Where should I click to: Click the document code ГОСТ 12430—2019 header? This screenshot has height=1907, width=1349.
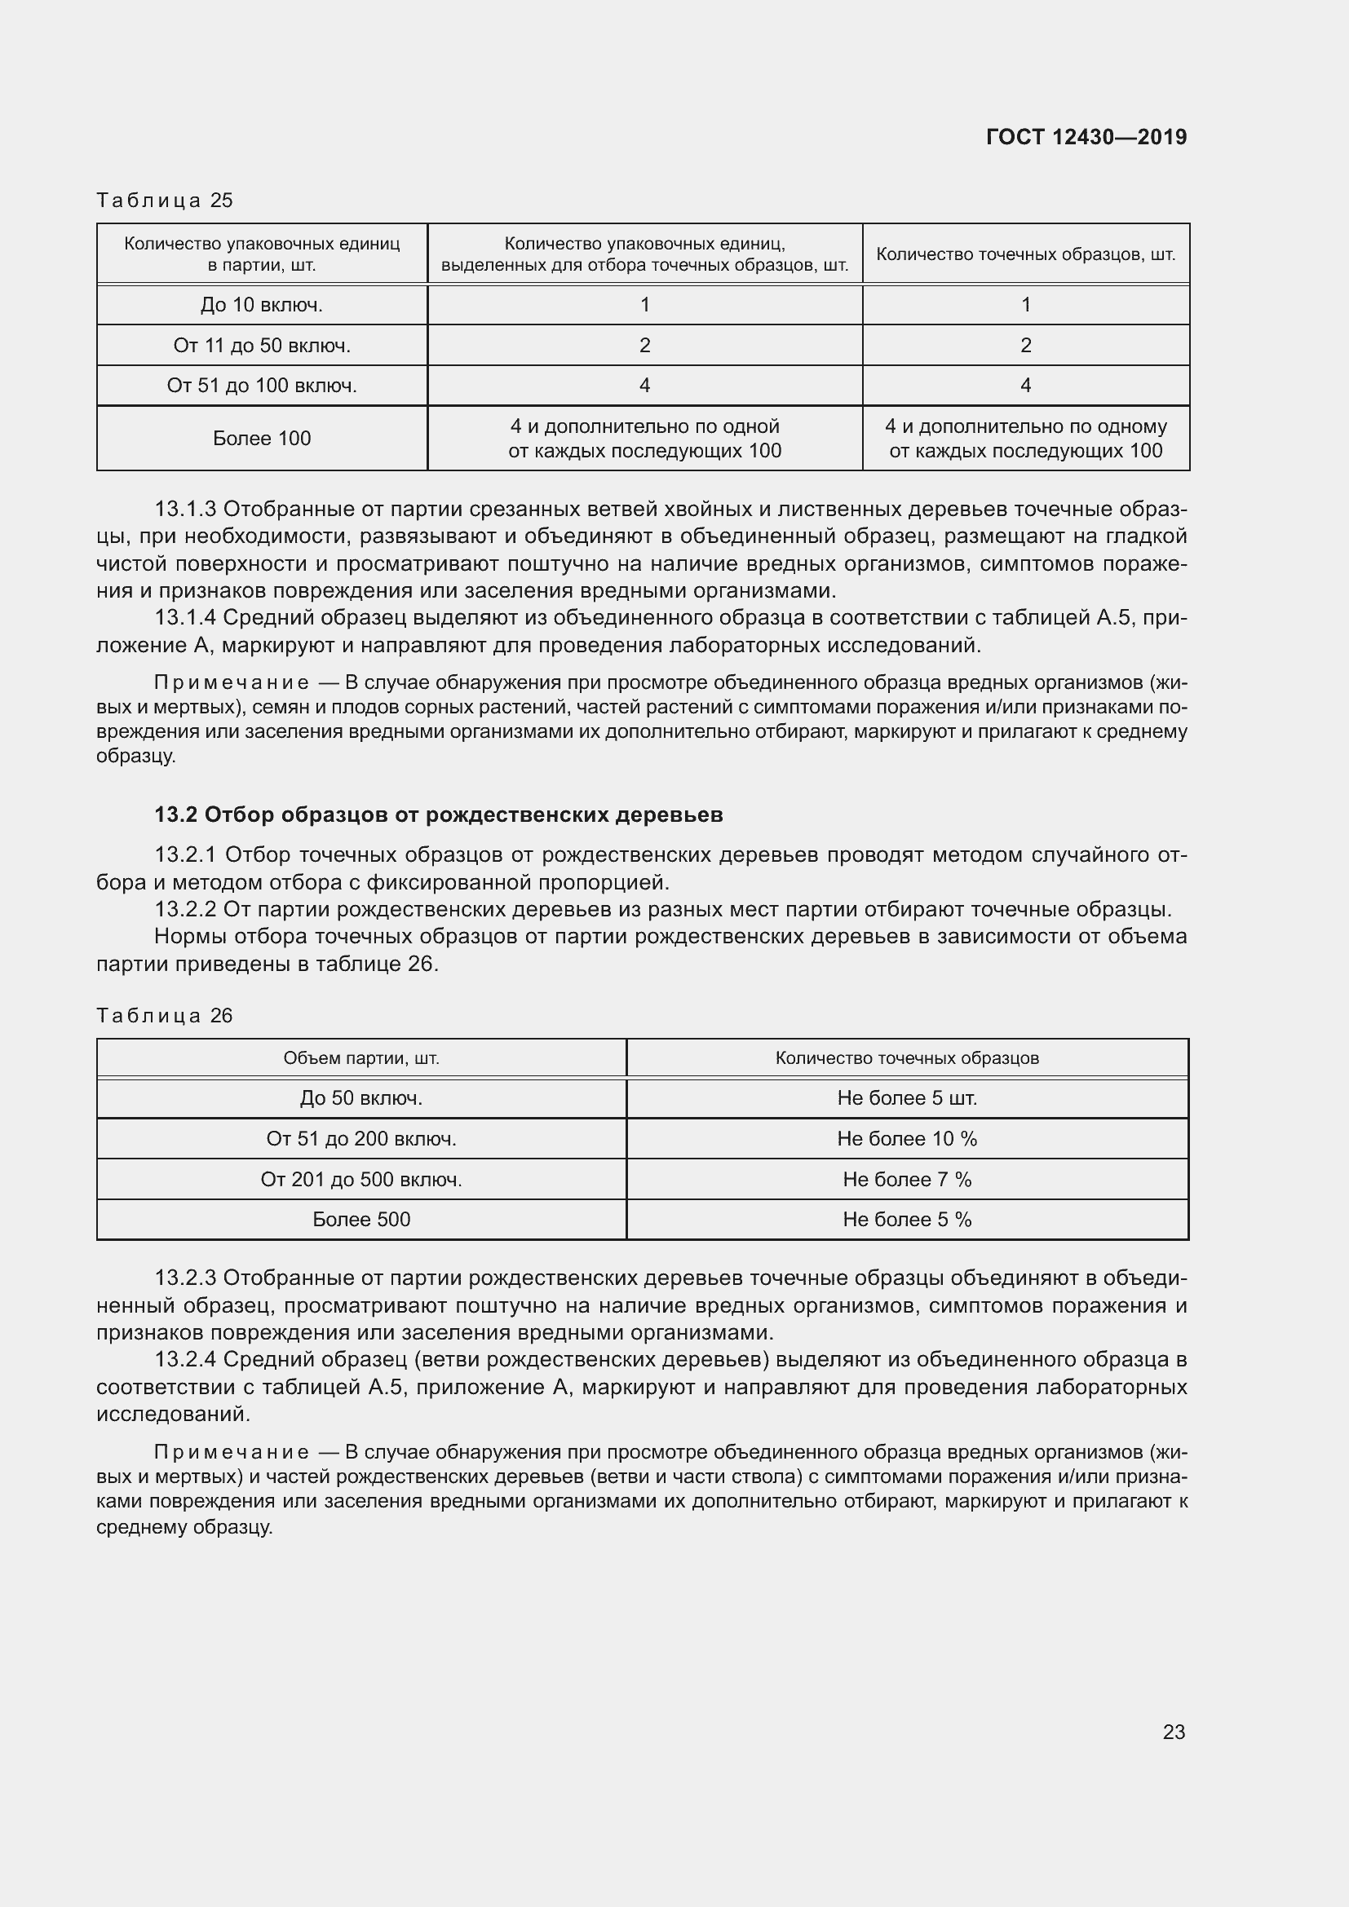click(x=1086, y=137)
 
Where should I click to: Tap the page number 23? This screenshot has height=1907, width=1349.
click(x=1173, y=1732)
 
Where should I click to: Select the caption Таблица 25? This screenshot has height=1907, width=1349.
click(x=165, y=201)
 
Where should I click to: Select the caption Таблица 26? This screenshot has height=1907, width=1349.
click(x=165, y=1016)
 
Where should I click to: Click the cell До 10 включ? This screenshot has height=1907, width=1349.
click(x=262, y=305)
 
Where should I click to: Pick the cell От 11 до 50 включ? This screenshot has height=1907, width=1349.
click(x=262, y=346)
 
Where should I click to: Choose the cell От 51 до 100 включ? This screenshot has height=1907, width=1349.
click(x=262, y=386)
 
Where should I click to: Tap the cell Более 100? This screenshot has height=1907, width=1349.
click(x=262, y=439)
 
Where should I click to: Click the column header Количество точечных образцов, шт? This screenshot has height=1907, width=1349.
click(x=1026, y=254)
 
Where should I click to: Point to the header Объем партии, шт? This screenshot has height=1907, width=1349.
click(x=361, y=1058)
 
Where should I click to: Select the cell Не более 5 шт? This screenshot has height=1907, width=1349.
click(x=907, y=1098)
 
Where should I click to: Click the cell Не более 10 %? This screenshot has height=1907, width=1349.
click(x=907, y=1139)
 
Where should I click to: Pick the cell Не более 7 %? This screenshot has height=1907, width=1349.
click(x=907, y=1180)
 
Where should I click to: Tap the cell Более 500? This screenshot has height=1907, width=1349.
click(x=361, y=1219)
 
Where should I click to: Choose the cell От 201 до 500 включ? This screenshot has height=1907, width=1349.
click(x=361, y=1180)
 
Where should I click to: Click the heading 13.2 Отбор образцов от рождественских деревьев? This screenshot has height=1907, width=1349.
click(x=439, y=814)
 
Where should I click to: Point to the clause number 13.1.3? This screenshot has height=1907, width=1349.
click(x=185, y=509)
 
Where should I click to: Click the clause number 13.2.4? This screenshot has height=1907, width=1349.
click(x=185, y=1360)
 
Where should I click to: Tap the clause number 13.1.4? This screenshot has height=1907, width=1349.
click(x=185, y=618)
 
